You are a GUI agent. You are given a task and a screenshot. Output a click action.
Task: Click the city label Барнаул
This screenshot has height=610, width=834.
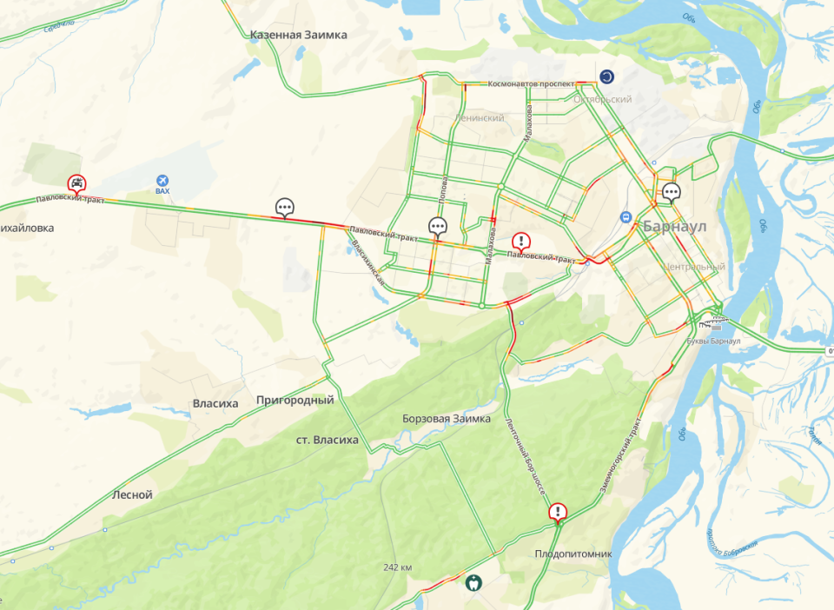[675, 226]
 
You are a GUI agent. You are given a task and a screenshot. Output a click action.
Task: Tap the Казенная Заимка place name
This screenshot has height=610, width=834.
[298, 35]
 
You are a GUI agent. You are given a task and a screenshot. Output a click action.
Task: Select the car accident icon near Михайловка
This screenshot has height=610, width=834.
[77, 183]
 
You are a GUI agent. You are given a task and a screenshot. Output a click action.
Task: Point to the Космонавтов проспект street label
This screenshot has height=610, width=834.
[520, 84]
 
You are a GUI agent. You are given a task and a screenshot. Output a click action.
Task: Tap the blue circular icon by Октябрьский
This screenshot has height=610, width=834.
[606, 76]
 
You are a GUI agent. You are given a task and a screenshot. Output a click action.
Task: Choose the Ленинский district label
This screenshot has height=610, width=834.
[480, 117]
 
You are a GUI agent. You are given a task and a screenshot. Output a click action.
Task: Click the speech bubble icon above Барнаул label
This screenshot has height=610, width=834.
[671, 192]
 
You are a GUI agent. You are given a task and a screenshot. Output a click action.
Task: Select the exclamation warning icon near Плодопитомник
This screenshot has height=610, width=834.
[558, 512]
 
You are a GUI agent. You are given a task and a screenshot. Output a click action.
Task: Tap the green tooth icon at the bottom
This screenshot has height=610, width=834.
[473, 583]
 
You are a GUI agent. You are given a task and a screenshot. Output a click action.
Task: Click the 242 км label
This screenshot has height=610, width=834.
[397, 567]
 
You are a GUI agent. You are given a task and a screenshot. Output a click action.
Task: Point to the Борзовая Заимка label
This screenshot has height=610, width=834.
[447, 419]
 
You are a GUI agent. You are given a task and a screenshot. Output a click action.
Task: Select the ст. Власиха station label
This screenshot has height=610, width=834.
[328, 440]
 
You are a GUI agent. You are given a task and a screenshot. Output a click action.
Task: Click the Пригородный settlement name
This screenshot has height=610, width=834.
[295, 401]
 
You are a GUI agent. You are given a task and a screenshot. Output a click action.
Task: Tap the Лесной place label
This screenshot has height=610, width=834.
[133, 494]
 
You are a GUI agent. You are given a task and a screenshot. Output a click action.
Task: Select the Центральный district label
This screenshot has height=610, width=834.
[692, 267]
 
